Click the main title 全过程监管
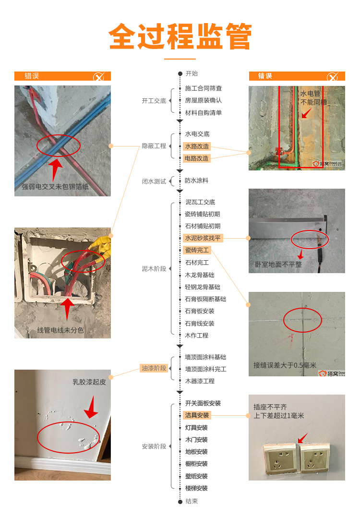coord(180,36)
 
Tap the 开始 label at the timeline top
coord(192,73)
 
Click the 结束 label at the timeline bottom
coord(192,501)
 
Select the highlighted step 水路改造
coord(197,146)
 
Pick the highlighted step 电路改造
coord(197,158)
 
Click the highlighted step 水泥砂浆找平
coord(203,238)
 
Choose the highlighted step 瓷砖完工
coord(197,250)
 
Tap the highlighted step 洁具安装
coord(197,415)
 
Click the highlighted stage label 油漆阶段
coord(154,368)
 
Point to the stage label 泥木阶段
coord(154,269)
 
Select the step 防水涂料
coord(196,180)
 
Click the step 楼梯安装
coord(196,488)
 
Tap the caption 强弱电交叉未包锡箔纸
coord(55,187)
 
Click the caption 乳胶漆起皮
coord(89,382)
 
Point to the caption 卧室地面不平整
coord(278,265)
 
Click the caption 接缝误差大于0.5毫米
coord(285,365)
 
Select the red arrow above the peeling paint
coord(91,408)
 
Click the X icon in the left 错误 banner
coord(98,77)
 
